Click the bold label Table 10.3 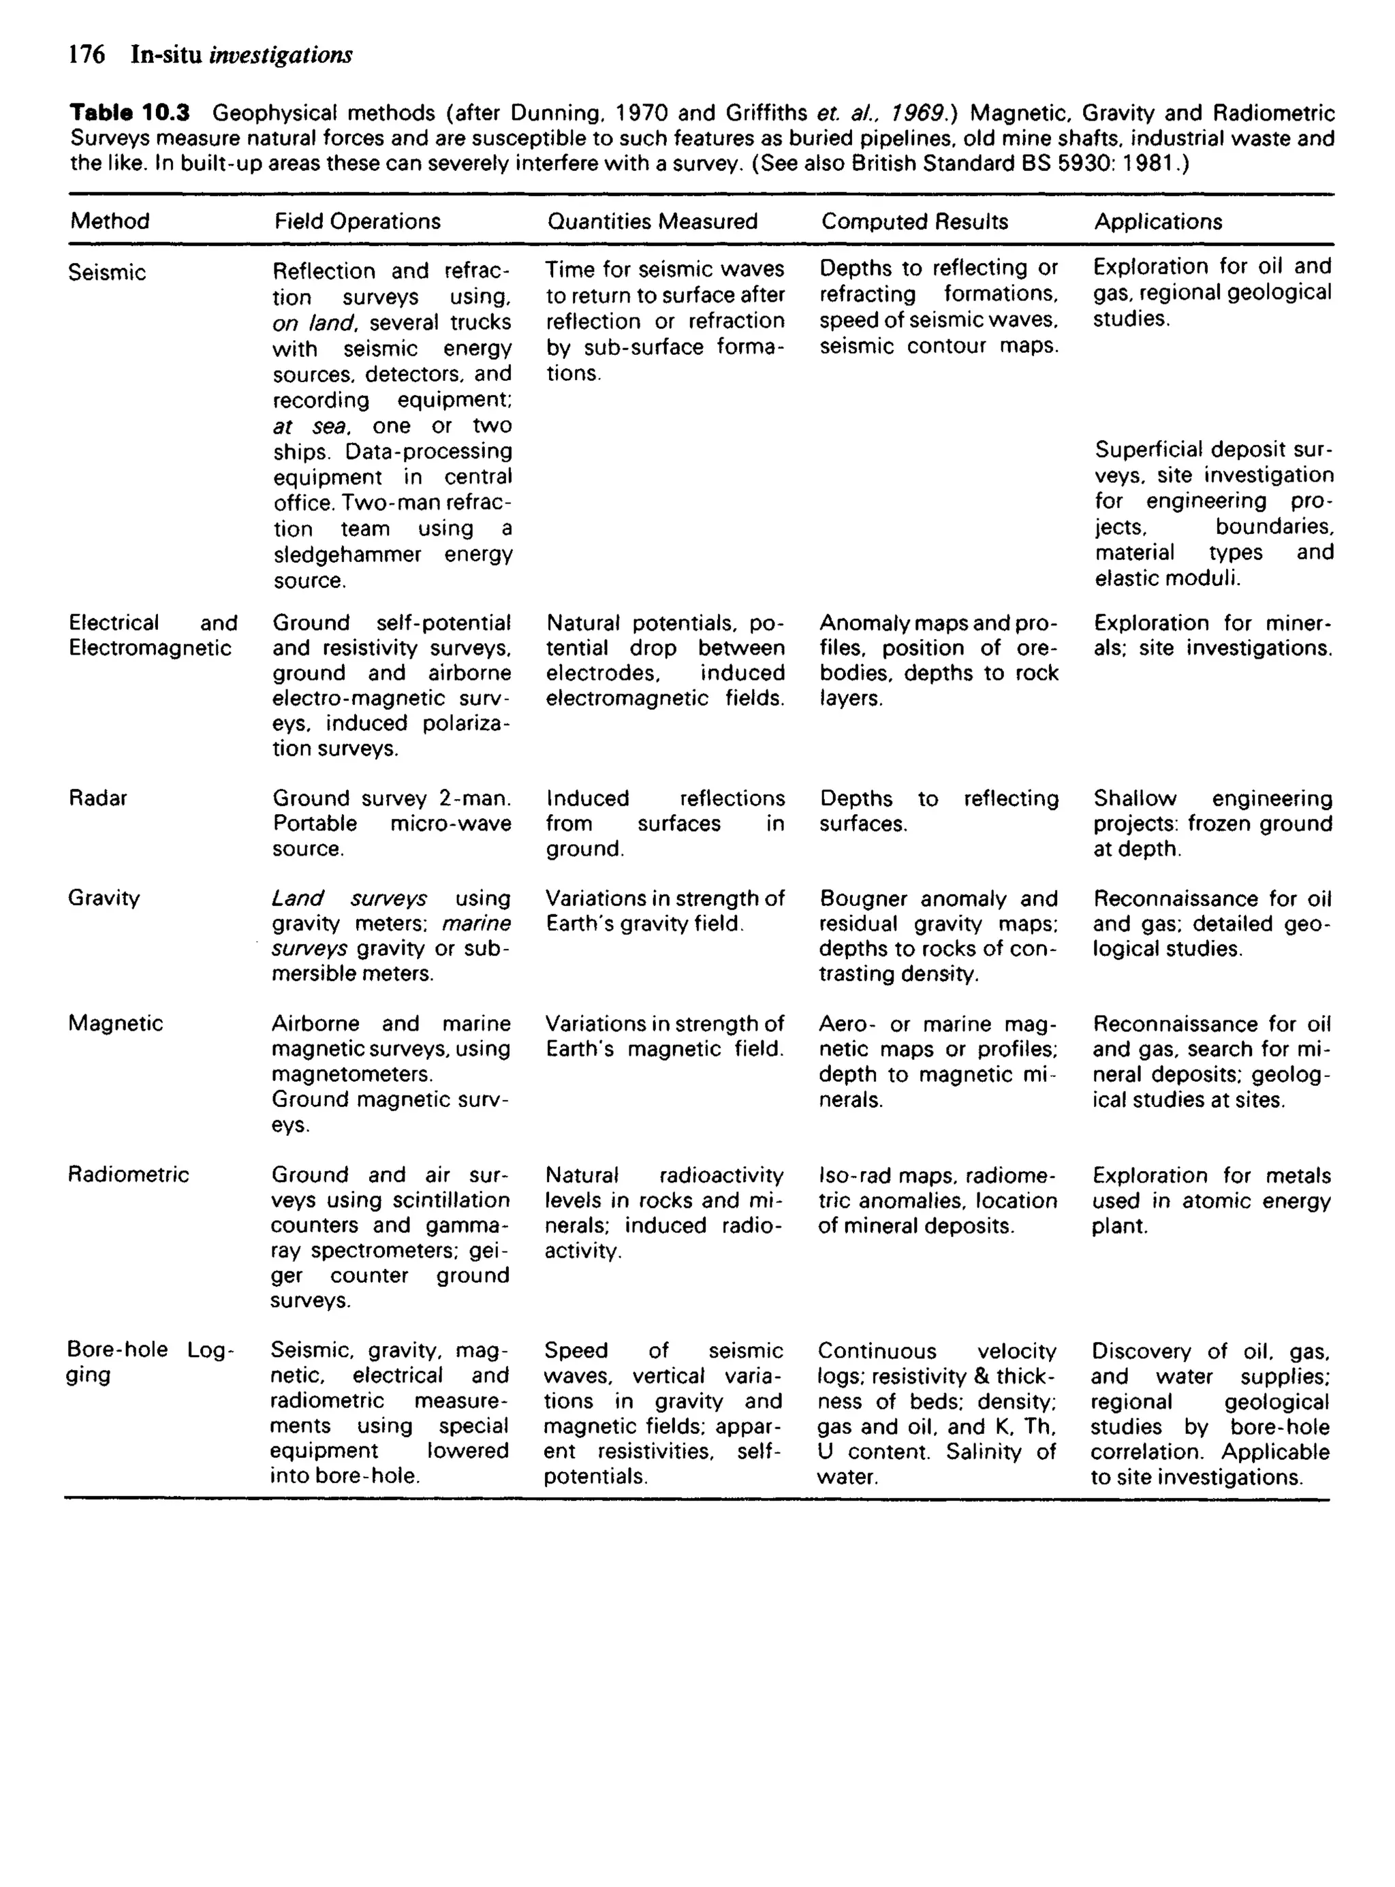pos(129,113)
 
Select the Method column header pos(110,221)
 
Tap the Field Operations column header pos(357,221)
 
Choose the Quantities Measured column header pos(652,221)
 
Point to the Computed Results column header pos(915,221)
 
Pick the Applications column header pos(1158,221)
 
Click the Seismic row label pos(107,272)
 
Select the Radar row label pos(98,798)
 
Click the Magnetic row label pos(116,1023)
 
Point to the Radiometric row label pos(128,1174)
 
